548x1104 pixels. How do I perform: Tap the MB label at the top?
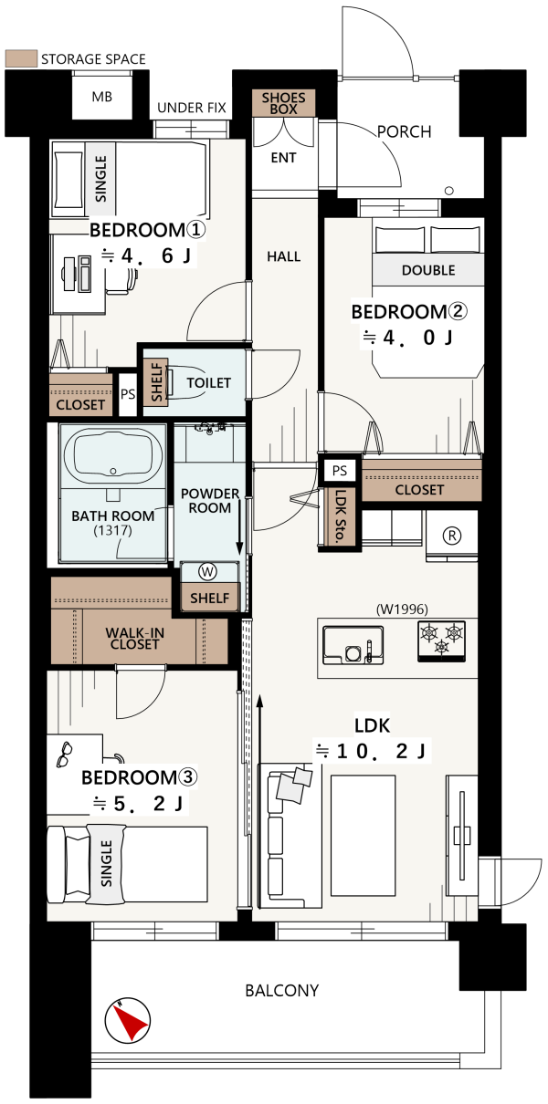coord(102,97)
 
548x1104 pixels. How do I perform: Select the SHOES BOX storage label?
coord(284,103)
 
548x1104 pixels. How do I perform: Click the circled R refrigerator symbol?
coord(452,536)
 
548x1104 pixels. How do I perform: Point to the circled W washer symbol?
coord(207,572)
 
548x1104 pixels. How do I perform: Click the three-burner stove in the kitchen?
coord(441,641)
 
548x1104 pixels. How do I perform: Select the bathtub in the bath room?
coord(113,454)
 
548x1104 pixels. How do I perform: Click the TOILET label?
coord(208,382)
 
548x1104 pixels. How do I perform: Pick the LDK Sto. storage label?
coord(341,516)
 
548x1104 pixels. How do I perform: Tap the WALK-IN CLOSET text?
coord(134,639)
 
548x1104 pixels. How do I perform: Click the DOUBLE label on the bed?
coord(428,270)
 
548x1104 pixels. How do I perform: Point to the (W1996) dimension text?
coord(402,609)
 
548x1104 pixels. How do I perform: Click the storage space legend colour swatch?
coord(21,58)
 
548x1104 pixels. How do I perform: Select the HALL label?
coord(284,256)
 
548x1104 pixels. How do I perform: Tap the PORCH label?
coord(405,131)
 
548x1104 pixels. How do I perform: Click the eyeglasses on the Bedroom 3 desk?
coord(65,755)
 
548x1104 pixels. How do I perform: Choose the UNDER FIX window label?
coord(192,108)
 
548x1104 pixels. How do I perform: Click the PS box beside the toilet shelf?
coord(128,394)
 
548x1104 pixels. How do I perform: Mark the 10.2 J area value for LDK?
coord(373,751)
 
